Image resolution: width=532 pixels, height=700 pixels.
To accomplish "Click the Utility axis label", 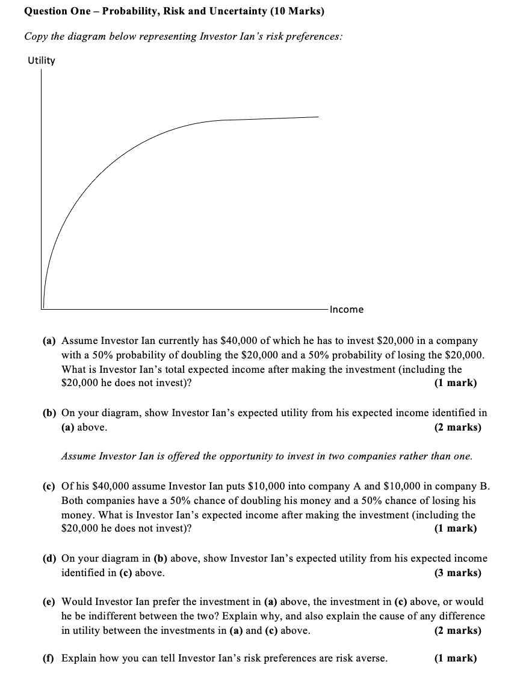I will pyautogui.click(x=41, y=60).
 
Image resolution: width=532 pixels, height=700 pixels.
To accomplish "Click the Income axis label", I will pyautogui.click(x=347, y=309).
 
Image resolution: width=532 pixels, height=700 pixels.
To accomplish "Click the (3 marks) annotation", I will pyautogui.click(x=457, y=573).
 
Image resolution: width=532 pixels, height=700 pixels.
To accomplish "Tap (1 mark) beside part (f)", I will pyautogui.click(x=455, y=658).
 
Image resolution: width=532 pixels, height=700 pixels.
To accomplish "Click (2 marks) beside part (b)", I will pyautogui.click(x=457, y=427).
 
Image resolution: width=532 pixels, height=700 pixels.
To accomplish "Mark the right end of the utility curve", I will pyautogui.click(x=318, y=117).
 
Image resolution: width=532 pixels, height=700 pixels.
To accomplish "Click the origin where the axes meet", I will pyautogui.click(x=42, y=309).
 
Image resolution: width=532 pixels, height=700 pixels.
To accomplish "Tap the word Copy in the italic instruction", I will pyautogui.click(x=36, y=36).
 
